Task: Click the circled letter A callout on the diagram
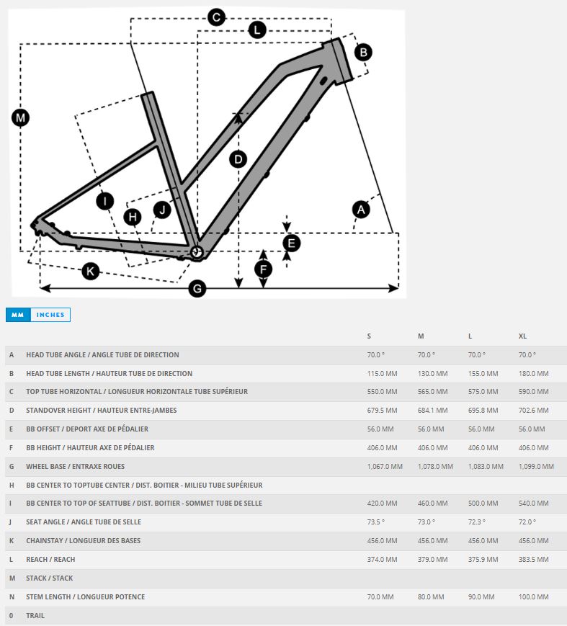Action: (x=361, y=210)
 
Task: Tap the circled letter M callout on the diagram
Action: (x=20, y=117)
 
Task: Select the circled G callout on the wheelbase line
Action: (x=197, y=289)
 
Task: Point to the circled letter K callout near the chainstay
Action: (x=90, y=271)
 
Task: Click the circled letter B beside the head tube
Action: (x=363, y=52)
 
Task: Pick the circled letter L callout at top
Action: (x=257, y=30)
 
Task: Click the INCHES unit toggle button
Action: (x=50, y=315)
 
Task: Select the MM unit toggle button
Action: (x=18, y=315)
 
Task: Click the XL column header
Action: (x=523, y=336)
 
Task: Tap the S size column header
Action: (x=370, y=336)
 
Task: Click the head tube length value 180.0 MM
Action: (x=534, y=374)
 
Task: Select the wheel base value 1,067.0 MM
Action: (x=385, y=467)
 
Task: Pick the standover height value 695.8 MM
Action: (x=483, y=411)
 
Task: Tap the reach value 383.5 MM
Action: (x=534, y=560)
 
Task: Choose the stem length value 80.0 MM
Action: (x=432, y=597)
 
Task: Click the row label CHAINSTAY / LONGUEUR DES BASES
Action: (x=84, y=541)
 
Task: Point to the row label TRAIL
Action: (x=35, y=616)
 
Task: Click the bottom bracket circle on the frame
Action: (x=197, y=251)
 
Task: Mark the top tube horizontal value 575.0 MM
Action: (x=483, y=392)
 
